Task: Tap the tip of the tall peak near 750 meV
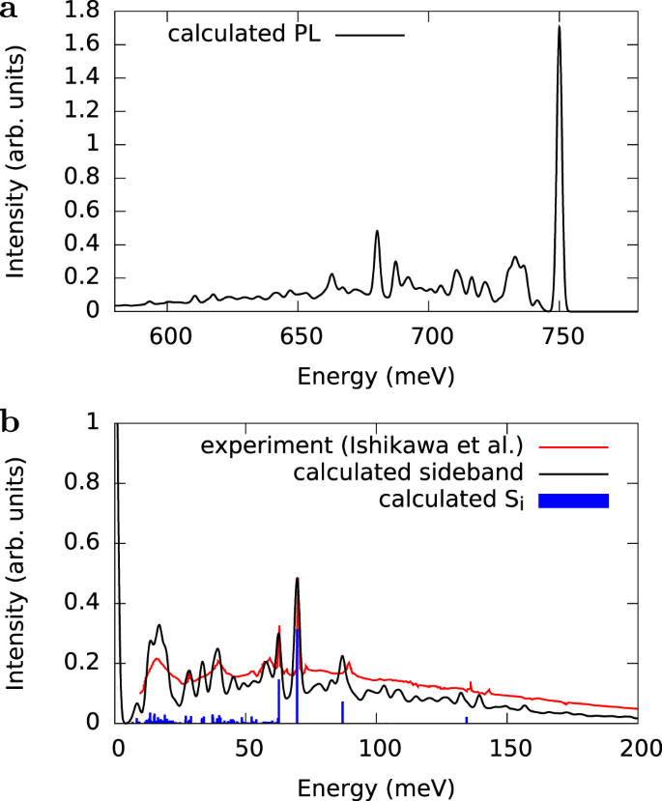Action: pos(559,27)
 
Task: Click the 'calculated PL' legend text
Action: pos(243,35)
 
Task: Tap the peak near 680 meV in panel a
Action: pos(377,232)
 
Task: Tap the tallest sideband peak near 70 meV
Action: pos(297,579)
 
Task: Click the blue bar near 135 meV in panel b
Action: pos(467,719)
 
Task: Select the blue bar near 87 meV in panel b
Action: pos(343,711)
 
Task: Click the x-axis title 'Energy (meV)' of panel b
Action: pos(376,786)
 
